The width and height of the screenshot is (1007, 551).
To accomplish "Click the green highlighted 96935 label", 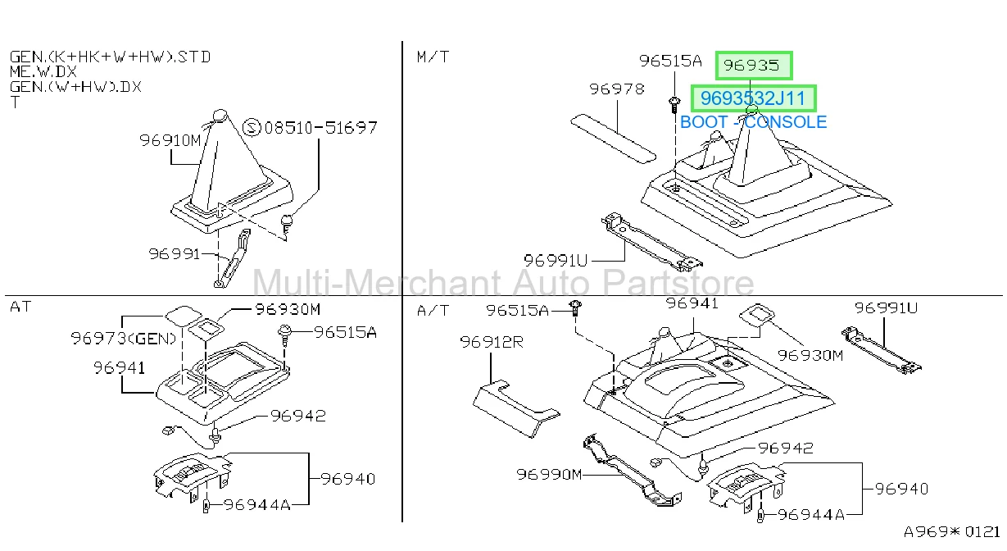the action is pyautogui.click(x=754, y=66).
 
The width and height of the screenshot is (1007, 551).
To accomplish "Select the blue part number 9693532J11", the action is pyautogui.click(x=753, y=98).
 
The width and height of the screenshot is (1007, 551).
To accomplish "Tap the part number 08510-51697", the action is pyautogui.click(x=320, y=128).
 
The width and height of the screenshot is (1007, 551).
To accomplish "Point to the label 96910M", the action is pyautogui.click(x=170, y=140).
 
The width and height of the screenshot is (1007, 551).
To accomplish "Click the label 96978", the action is pyautogui.click(x=617, y=89).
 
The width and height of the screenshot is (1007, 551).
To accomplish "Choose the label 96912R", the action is pyautogui.click(x=492, y=342).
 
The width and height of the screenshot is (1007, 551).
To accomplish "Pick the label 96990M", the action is pyautogui.click(x=549, y=474).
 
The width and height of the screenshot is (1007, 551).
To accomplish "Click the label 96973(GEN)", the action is pyautogui.click(x=124, y=339).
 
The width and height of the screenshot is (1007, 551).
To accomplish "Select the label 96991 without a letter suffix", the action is pyautogui.click(x=175, y=254).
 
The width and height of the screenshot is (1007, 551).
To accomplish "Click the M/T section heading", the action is pyautogui.click(x=433, y=57).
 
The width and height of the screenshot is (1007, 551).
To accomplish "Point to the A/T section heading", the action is pyautogui.click(x=433, y=311).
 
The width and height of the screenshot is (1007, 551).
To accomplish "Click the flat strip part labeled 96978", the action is pyautogui.click(x=613, y=138).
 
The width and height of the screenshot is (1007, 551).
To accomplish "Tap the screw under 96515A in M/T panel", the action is pyautogui.click(x=674, y=105).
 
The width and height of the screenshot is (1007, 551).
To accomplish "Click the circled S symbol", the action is pyautogui.click(x=252, y=128).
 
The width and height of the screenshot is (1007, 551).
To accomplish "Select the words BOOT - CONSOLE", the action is pyautogui.click(x=754, y=122).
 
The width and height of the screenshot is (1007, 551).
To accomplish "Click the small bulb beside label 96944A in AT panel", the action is pyautogui.click(x=206, y=506).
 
